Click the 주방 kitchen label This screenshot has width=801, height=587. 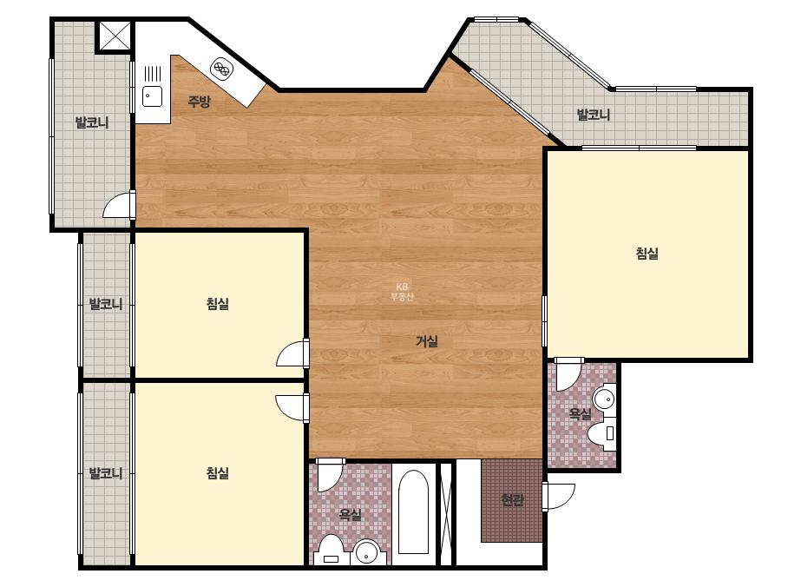(199, 102)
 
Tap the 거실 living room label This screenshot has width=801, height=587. (427, 341)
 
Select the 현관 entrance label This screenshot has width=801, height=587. (511, 499)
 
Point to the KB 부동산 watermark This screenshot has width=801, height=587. (402, 292)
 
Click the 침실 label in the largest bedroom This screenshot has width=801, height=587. (647, 253)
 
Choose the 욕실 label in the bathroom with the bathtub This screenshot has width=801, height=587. (350, 514)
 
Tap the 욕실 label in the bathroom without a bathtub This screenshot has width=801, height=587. (580, 413)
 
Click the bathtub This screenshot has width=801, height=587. (413, 511)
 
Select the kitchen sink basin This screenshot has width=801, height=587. (152, 96)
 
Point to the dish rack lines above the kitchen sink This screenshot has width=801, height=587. (153, 74)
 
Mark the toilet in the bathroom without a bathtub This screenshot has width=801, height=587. (601, 433)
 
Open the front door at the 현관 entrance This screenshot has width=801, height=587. (558, 496)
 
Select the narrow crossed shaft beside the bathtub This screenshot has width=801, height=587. (446, 513)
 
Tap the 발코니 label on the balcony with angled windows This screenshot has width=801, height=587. (593, 115)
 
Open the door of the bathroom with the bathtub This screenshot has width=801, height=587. (330, 475)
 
